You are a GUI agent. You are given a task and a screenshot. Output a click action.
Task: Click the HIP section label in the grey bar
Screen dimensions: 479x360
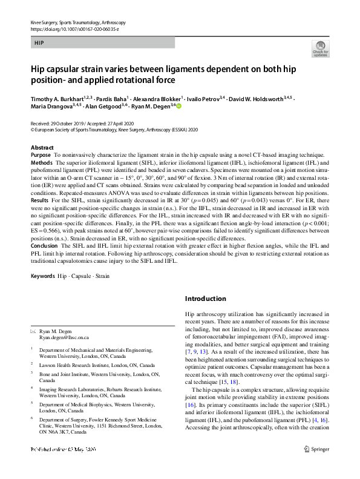pos(39,44)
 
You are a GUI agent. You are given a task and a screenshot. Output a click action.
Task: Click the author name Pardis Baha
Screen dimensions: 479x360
pos(114,97)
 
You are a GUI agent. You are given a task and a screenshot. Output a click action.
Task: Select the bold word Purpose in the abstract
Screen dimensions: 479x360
pos(41,156)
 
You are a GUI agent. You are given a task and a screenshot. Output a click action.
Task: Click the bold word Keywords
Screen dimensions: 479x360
pos(42,277)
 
